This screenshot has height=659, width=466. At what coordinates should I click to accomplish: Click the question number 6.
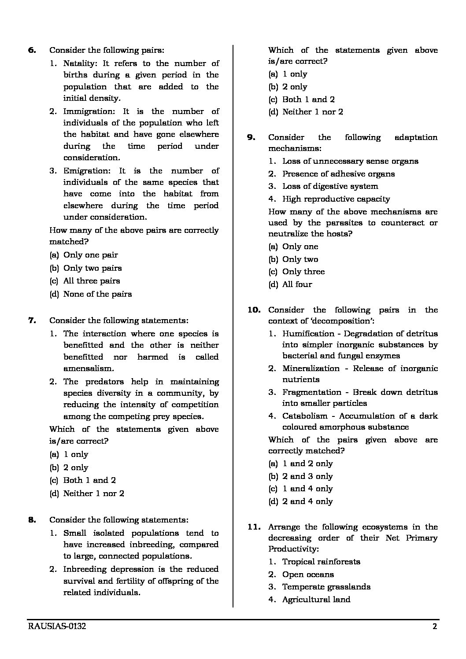point(32,51)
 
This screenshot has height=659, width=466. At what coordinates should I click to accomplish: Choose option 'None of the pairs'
point(97,294)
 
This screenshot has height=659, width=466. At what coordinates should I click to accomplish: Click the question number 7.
point(32,320)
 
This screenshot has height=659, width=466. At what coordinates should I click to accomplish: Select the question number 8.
point(32,520)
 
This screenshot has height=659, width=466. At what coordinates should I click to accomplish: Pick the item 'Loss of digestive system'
point(330,186)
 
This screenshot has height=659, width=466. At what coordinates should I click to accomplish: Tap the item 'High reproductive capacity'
point(336,199)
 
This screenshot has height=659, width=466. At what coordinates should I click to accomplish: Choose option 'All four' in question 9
point(297,284)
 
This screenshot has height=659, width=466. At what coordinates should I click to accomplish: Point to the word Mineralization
point(311,368)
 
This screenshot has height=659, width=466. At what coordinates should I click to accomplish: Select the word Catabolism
point(305,416)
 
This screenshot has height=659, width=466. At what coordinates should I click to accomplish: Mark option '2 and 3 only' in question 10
point(307,476)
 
